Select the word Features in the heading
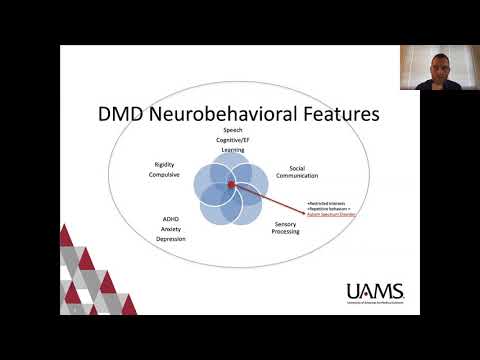pyautogui.click(x=337, y=115)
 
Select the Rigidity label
pyautogui.click(x=165, y=164)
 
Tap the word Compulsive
pyautogui.click(x=165, y=175)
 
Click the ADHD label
pyautogui.click(x=171, y=218)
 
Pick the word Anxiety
pyautogui.click(x=171, y=229)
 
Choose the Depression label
pyautogui.click(x=171, y=240)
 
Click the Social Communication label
pyautogui.click(x=297, y=172)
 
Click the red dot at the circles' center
pyautogui.click(x=230, y=185)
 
